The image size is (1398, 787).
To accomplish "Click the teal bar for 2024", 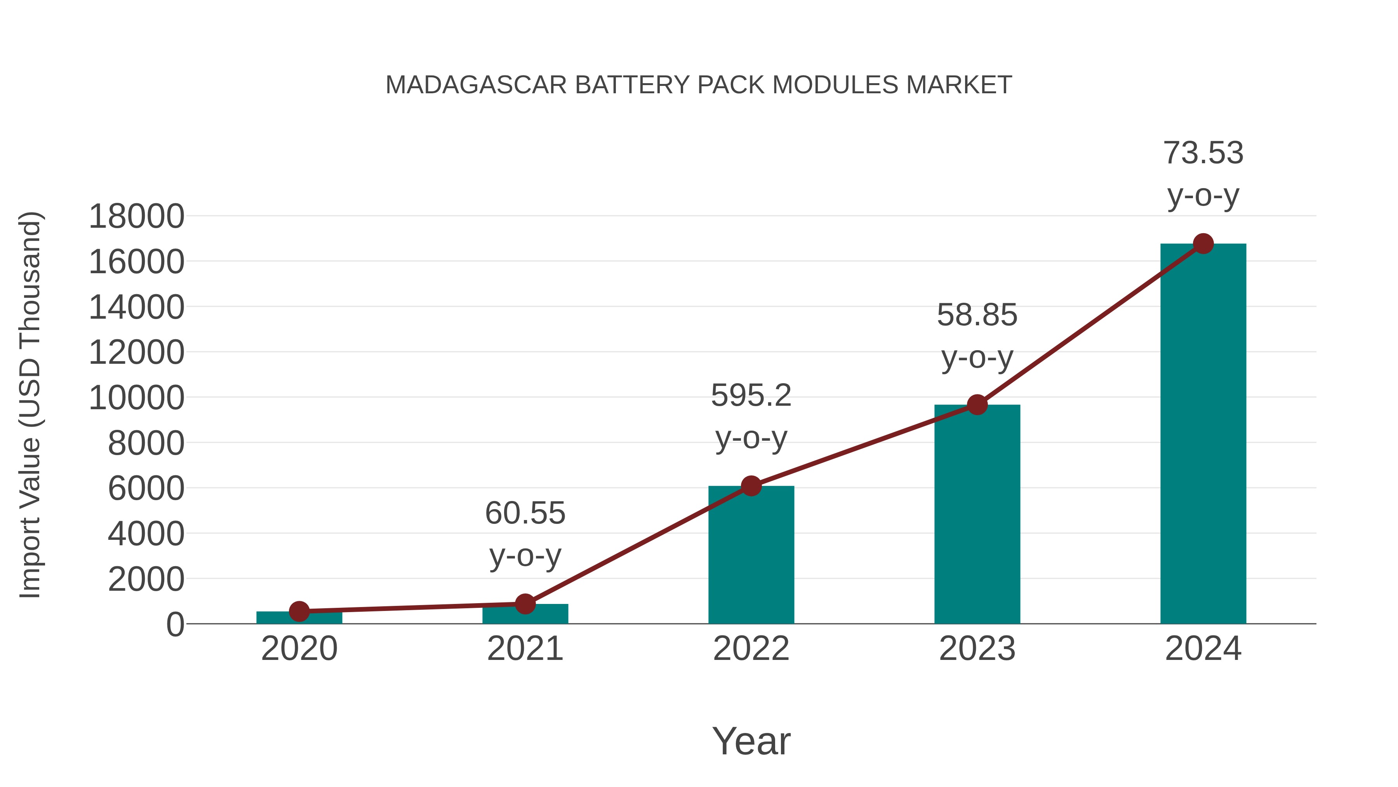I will coord(1203,435).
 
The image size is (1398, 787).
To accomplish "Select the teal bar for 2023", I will coord(977,516).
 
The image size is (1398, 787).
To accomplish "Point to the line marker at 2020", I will coord(299,612).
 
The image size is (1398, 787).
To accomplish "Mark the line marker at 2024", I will coord(1203,244).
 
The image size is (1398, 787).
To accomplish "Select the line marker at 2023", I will coord(977,405).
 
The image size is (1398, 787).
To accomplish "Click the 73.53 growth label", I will coord(1203,153).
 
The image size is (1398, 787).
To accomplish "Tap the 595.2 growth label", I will coord(751,395).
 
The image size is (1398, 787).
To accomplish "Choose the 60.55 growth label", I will coord(525,513).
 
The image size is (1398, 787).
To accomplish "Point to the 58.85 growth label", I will coord(977,315).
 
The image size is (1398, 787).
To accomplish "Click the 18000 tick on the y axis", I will coord(136,216).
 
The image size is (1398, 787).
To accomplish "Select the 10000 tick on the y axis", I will coord(136,398).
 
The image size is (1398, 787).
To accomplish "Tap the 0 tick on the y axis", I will coord(175,624).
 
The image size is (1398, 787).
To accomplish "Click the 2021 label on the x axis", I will coord(525,649).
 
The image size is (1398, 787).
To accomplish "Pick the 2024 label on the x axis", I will coord(1203,649).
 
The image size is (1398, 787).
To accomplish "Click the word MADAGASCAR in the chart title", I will coord(476,85).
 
